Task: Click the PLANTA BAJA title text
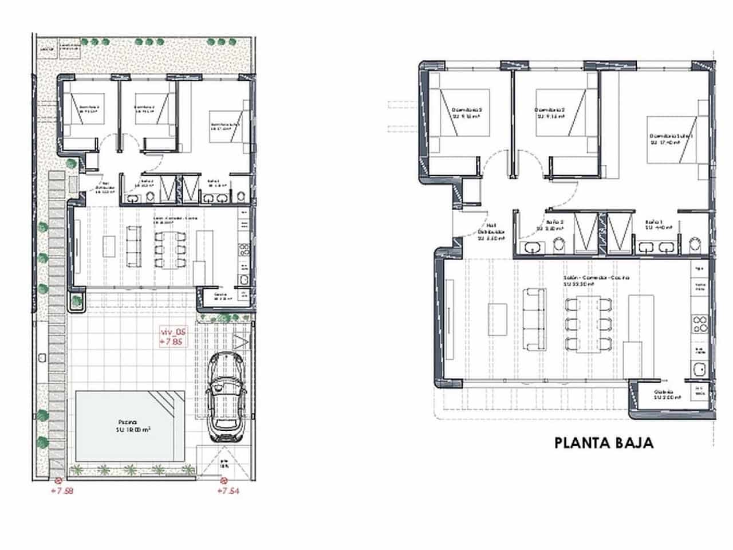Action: click(604, 443)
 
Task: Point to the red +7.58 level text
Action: click(62, 491)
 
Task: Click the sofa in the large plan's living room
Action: click(533, 319)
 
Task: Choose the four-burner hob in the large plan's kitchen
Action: click(700, 324)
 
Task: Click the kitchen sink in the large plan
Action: click(699, 370)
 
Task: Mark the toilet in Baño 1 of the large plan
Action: click(695, 245)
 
